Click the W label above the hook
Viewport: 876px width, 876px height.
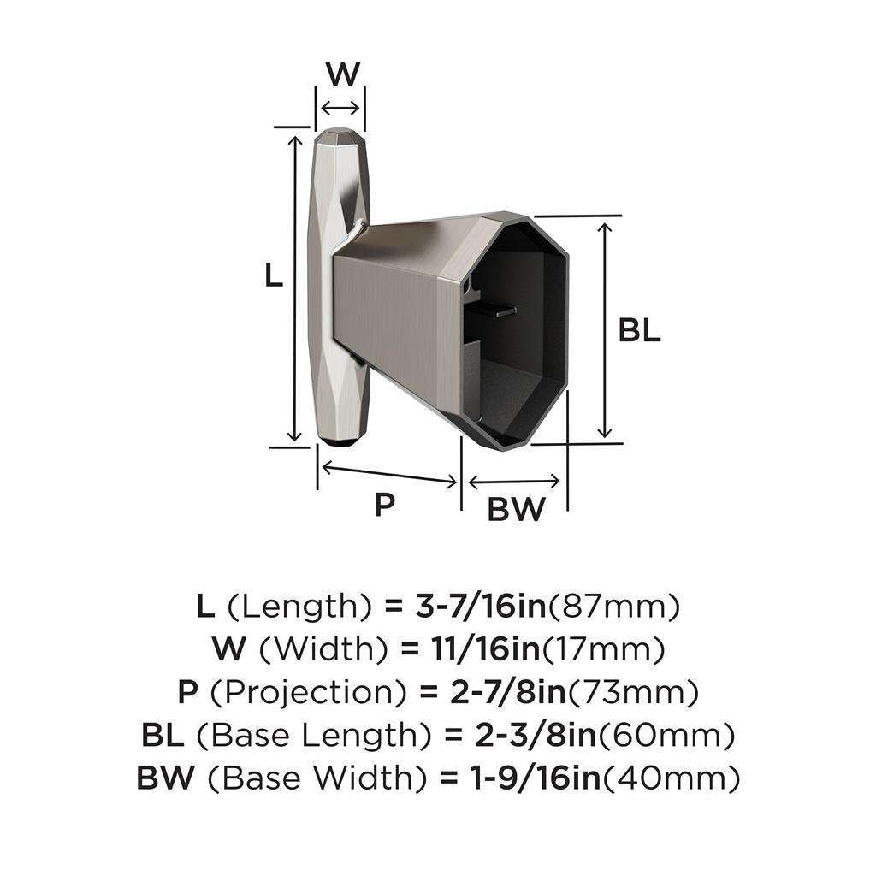(x=342, y=74)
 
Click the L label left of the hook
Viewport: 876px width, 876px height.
(x=273, y=275)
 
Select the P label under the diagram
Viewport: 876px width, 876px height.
(x=385, y=505)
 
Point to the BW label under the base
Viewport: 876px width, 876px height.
(x=516, y=510)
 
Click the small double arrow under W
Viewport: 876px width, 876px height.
(x=340, y=108)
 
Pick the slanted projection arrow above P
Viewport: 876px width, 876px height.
(x=388, y=473)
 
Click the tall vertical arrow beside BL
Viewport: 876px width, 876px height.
(x=605, y=329)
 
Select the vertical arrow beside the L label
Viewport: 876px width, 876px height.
(x=296, y=287)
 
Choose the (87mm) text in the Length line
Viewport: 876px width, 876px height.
(x=613, y=607)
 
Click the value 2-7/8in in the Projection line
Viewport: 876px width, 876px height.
(x=489, y=692)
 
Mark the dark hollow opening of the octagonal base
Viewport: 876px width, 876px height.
(x=518, y=334)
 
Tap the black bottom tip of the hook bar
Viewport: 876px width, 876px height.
(x=341, y=444)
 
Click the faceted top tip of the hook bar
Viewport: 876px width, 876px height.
(x=341, y=135)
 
